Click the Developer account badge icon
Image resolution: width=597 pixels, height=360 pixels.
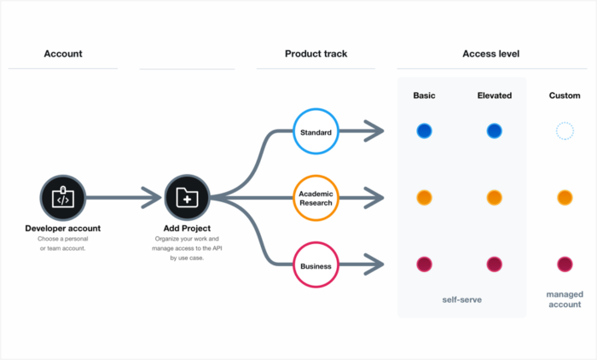click(63, 198)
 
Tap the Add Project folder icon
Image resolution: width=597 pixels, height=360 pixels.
click(187, 198)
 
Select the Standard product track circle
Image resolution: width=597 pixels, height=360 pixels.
click(316, 132)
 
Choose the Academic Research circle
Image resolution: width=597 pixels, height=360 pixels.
click(316, 198)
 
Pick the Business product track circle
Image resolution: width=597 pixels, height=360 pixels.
click(316, 266)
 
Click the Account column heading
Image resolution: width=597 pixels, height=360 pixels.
click(63, 54)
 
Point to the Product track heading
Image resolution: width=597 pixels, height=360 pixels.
click(316, 54)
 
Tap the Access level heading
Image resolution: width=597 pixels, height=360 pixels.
click(491, 54)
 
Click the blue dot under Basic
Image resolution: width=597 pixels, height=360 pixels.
click(424, 131)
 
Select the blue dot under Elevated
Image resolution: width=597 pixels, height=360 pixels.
click(494, 131)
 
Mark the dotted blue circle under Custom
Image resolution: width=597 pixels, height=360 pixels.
click(564, 131)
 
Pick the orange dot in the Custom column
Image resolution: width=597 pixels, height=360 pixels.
click(564, 198)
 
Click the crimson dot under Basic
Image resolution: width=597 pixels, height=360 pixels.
click(424, 264)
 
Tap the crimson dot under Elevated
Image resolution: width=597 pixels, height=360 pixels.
click(494, 264)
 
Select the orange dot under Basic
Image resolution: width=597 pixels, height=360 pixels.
click(424, 198)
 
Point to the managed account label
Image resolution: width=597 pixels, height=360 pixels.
click(564, 299)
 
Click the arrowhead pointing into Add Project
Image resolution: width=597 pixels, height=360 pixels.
click(152, 198)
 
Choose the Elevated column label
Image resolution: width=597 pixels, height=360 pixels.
click(494, 96)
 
